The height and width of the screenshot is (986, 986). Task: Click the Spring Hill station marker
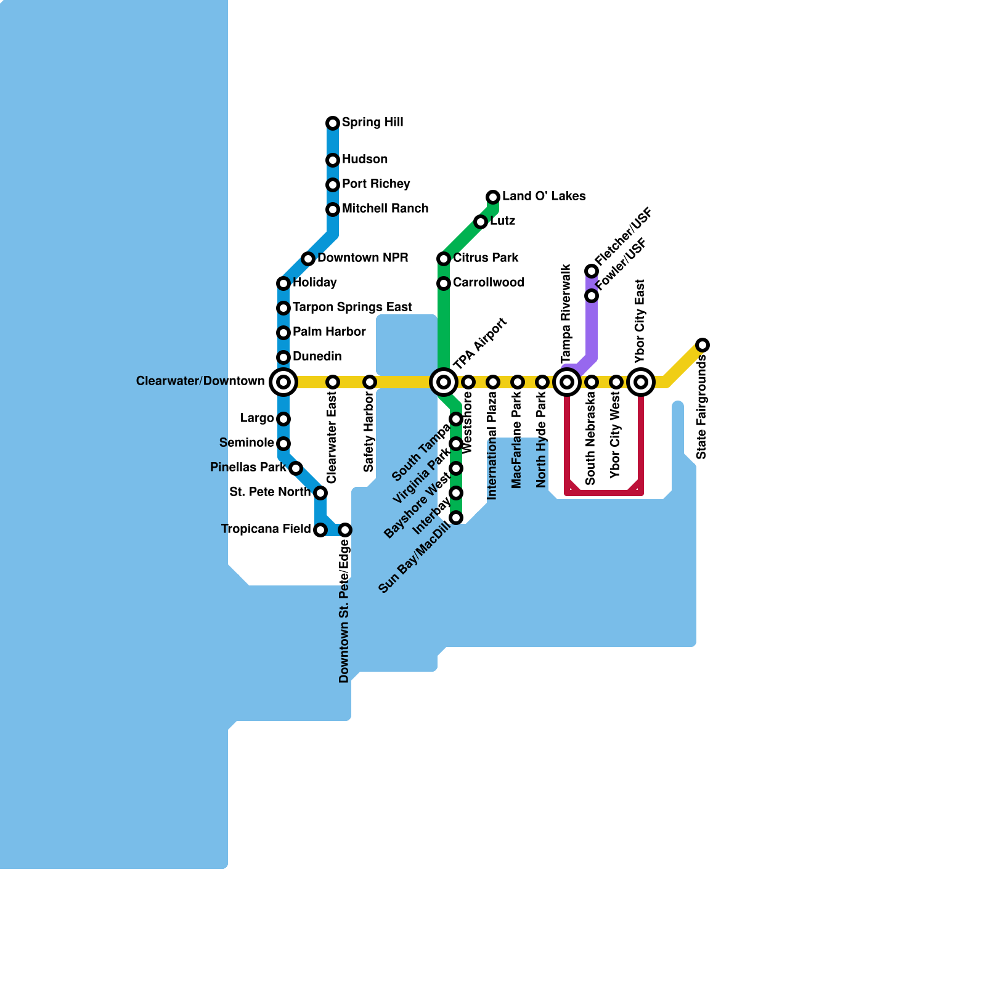point(333,123)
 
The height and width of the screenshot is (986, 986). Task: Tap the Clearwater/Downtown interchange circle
point(283,382)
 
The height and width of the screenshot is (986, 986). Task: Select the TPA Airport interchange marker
point(444,382)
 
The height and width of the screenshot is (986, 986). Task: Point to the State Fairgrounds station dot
point(703,345)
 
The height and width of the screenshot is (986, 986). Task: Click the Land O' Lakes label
point(544,197)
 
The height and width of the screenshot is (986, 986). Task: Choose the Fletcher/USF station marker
point(592,271)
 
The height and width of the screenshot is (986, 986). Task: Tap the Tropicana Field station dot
point(320,530)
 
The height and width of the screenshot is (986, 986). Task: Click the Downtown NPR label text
point(362,258)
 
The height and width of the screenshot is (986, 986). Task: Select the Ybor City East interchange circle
point(641,382)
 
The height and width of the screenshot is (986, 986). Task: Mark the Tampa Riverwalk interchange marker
point(567,382)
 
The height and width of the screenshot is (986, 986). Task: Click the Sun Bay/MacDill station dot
point(456,518)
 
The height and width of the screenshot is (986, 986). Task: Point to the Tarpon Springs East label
point(352,308)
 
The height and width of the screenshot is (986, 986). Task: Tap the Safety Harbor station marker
point(370,382)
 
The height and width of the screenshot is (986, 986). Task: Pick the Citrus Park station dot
point(444,259)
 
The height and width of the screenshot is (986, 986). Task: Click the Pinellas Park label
point(248,468)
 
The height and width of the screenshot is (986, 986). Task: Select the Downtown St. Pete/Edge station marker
point(345,530)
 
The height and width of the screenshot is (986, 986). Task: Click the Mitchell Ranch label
point(385,209)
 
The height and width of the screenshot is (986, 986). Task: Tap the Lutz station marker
point(481,222)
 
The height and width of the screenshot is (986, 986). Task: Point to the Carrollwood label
point(489,283)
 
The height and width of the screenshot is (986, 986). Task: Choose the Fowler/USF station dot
point(592,296)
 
